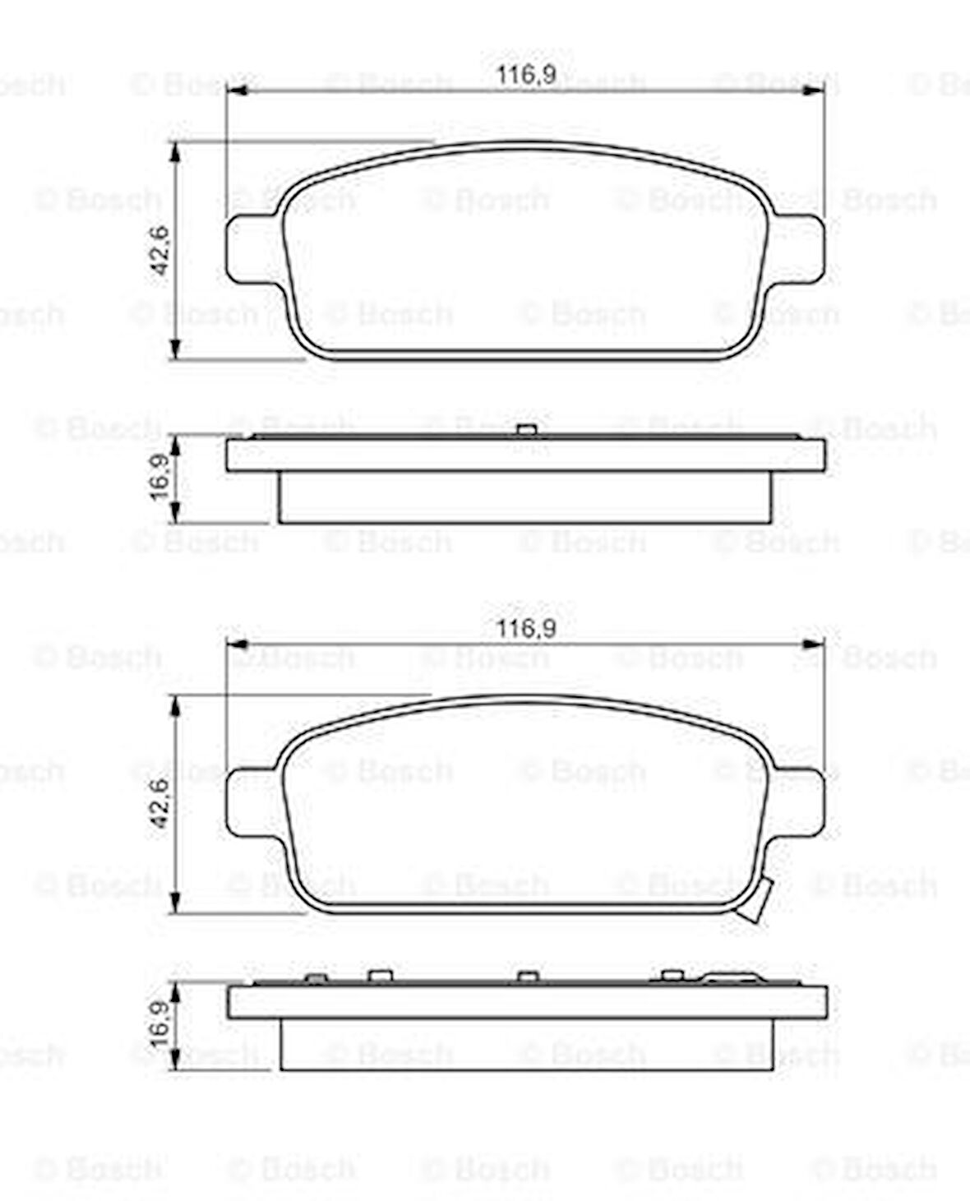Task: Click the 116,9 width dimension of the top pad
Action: tap(526, 75)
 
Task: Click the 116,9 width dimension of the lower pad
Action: tap(526, 629)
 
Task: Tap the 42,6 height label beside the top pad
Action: tap(160, 251)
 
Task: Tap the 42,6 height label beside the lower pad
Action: tap(160, 803)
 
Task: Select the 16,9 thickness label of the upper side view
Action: tap(160, 477)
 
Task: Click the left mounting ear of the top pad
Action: tap(254, 248)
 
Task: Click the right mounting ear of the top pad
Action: tap(797, 248)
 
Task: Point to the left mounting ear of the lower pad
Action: tap(254, 802)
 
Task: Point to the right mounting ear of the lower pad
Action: tap(797, 802)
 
